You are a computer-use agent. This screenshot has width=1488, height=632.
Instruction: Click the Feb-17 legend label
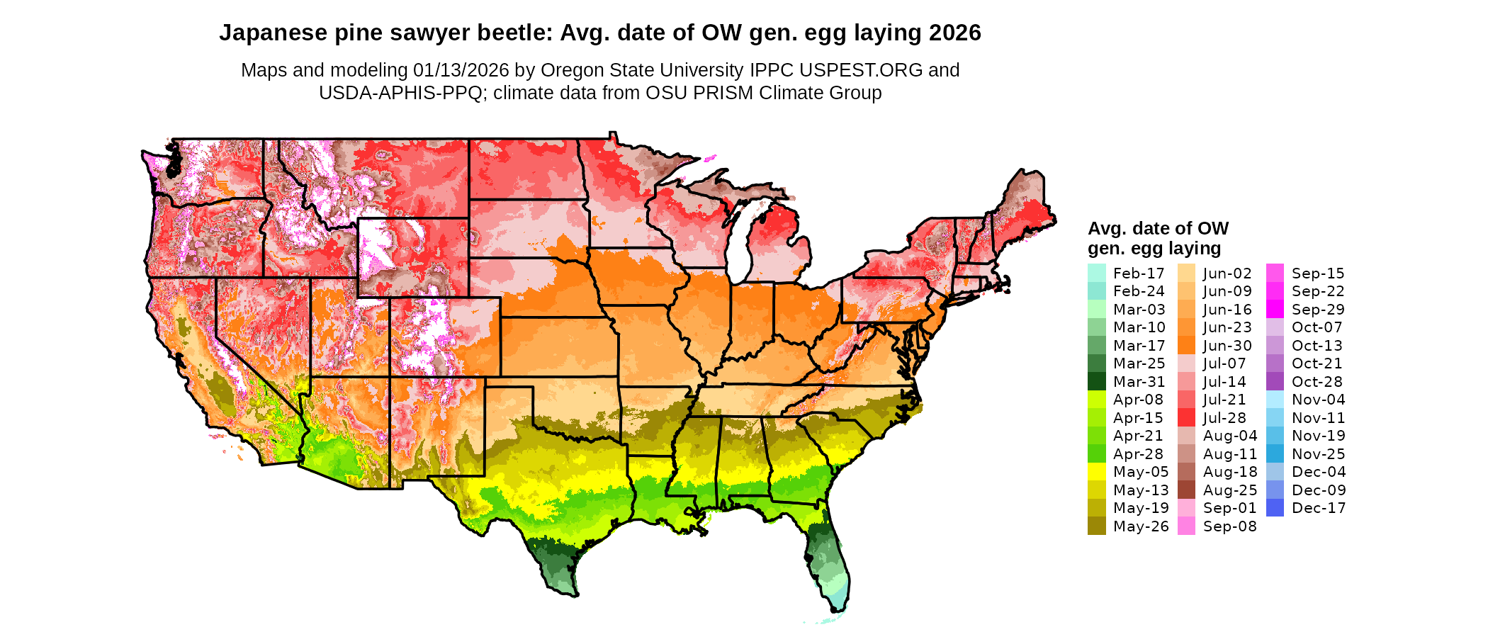pyautogui.click(x=1138, y=273)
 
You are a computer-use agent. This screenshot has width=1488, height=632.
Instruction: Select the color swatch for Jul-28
pyautogui.click(x=1186, y=418)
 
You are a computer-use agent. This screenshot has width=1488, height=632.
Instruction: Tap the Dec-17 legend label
pyautogui.click(x=1318, y=508)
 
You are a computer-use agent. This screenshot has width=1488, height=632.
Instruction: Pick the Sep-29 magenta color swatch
pyautogui.click(x=1275, y=310)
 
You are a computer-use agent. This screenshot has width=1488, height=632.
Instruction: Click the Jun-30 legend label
pyautogui.click(x=1227, y=346)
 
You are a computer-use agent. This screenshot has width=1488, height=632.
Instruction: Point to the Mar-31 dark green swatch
pyautogui.click(x=1096, y=382)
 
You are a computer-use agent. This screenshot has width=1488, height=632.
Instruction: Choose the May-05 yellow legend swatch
pyautogui.click(x=1096, y=472)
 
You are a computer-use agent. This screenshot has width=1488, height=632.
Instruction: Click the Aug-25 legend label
pyautogui.click(x=1229, y=490)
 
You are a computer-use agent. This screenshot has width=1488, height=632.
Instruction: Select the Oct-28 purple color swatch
pyautogui.click(x=1275, y=382)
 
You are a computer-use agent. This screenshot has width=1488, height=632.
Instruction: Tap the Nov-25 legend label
pyautogui.click(x=1318, y=454)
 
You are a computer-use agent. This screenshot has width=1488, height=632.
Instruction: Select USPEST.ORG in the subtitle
pyautogui.click(x=861, y=70)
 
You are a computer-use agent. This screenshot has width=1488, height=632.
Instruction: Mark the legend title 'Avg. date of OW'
pyautogui.click(x=1158, y=228)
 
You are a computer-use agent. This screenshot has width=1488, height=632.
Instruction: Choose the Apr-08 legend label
pyautogui.click(x=1138, y=400)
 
